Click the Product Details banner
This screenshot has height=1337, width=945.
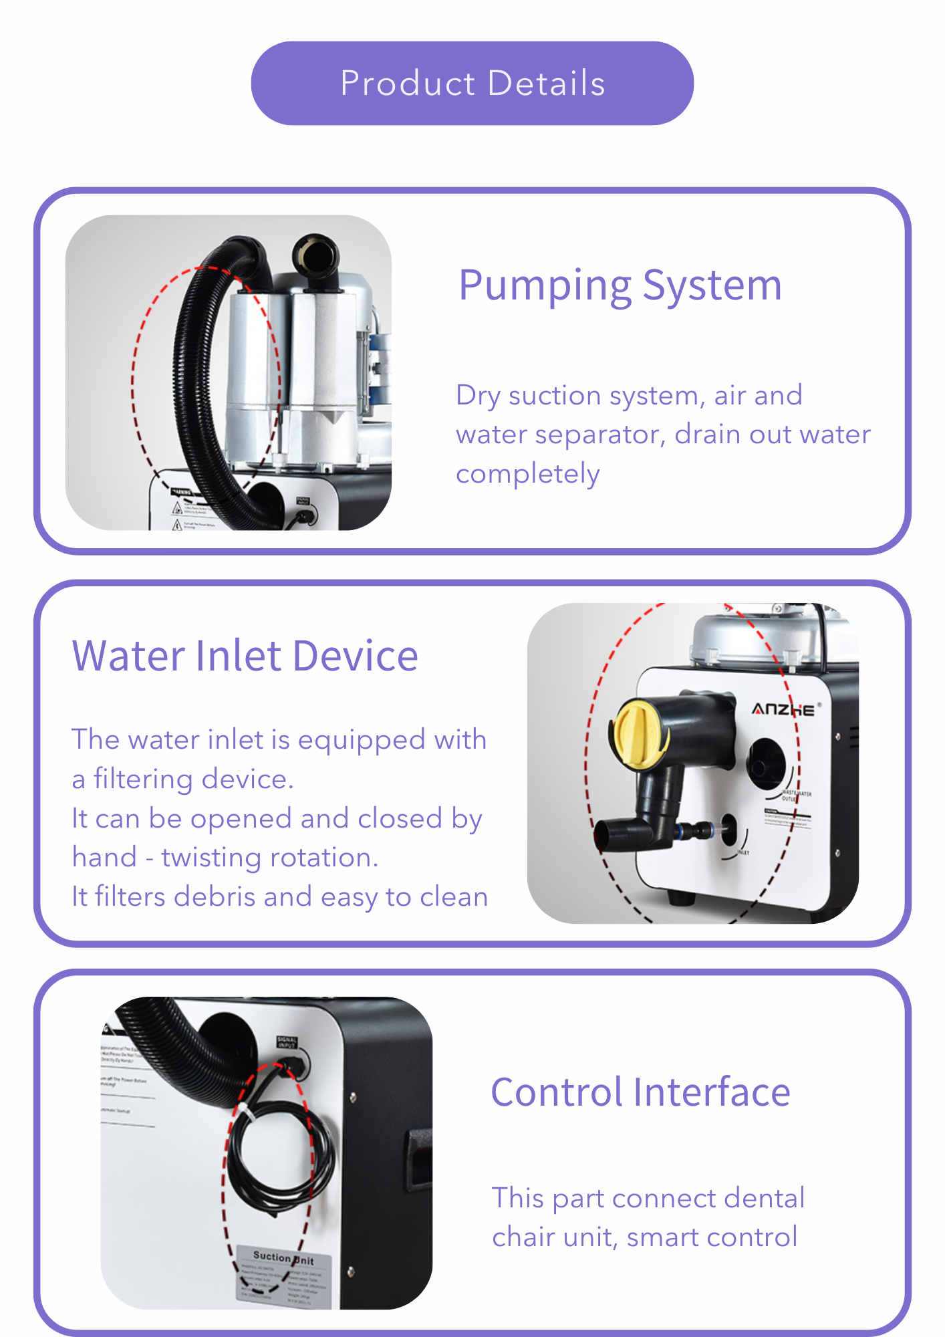[x=472, y=84]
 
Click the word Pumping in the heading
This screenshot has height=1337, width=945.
[x=544, y=286]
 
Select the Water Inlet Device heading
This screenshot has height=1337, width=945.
[x=245, y=656]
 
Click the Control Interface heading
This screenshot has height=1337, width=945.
[x=640, y=1092]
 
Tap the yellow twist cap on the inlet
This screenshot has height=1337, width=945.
[x=636, y=734]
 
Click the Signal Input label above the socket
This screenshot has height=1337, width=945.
[x=287, y=1042]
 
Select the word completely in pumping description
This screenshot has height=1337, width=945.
[x=527, y=474]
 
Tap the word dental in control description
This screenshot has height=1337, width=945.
[x=765, y=1199]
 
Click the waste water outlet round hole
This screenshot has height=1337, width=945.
[x=766, y=763]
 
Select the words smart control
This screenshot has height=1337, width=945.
[x=712, y=1237]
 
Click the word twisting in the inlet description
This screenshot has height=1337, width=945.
[x=202, y=858]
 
